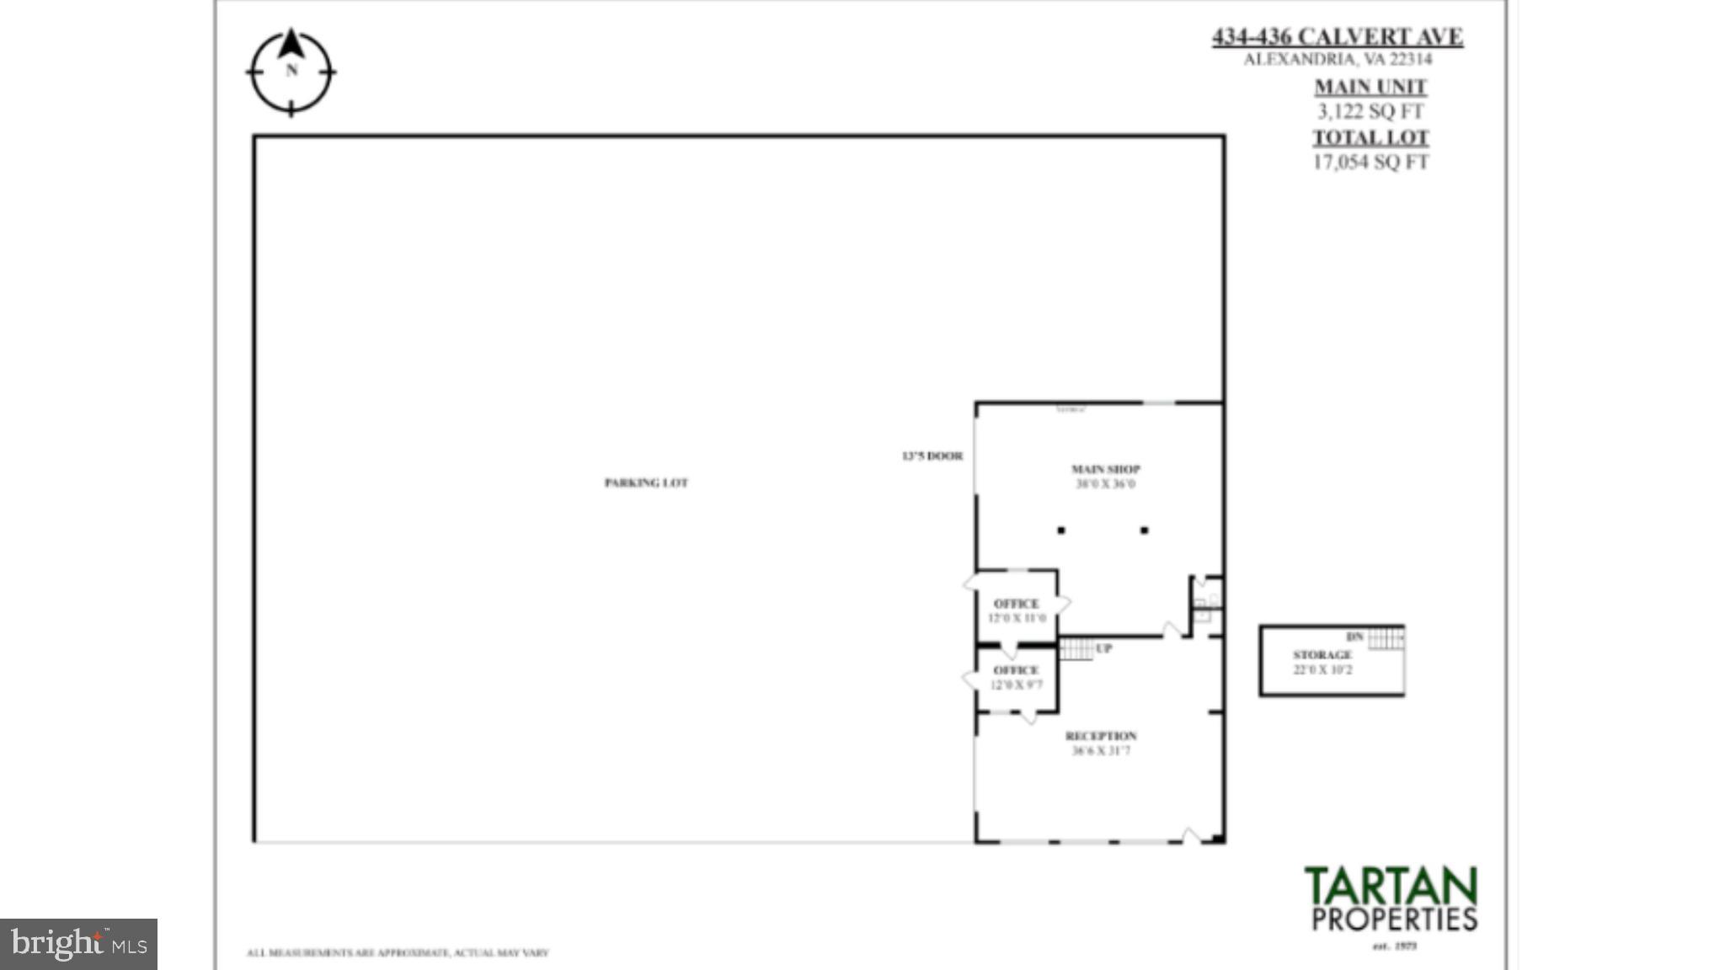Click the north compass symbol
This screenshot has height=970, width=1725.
pyautogui.click(x=291, y=72)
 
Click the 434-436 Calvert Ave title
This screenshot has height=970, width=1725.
pyautogui.click(x=1337, y=37)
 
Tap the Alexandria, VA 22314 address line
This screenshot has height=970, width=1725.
pyautogui.click(x=1337, y=59)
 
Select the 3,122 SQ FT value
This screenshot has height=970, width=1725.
pyautogui.click(x=1370, y=111)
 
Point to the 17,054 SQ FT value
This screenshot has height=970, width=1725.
pyautogui.click(x=1370, y=162)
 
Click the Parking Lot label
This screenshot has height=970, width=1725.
pyautogui.click(x=646, y=482)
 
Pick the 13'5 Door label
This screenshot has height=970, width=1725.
pyautogui.click(x=932, y=456)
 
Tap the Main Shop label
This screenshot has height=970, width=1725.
pyautogui.click(x=1105, y=469)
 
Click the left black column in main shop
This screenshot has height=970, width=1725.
pyautogui.click(x=1061, y=530)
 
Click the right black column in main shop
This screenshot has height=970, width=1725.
pyautogui.click(x=1144, y=530)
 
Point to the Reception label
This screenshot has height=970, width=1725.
pyautogui.click(x=1101, y=736)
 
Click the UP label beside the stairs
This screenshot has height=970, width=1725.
pyautogui.click(x=1103, y=648)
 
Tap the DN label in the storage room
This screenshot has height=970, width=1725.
pyautogui.click(x=1354, y=637)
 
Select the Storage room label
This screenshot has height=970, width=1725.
pyautogui.click(x=1322, y=655)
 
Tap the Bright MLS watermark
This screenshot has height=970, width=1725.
pyautogui.click(x=78, y=944)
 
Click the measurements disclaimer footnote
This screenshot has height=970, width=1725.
pyautogui.click(x=398, y=953)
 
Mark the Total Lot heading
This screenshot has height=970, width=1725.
pyautogui.click(x=1370, y=137)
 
